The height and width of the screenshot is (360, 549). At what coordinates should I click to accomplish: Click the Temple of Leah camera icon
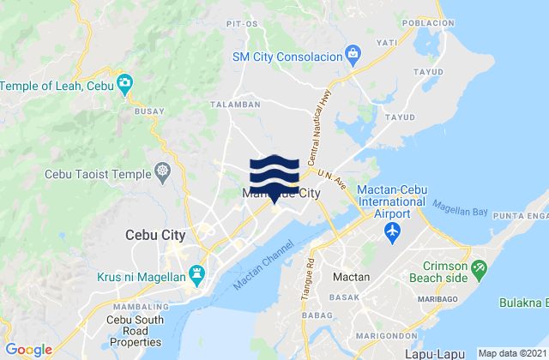coord(125,83)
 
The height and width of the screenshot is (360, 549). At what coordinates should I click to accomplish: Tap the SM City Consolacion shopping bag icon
coord(353,56)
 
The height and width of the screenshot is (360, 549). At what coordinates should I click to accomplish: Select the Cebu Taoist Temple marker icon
coord(164,171)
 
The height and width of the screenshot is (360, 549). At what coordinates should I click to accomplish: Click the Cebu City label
coord(150,234)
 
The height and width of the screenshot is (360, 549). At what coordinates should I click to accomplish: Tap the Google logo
coord(28,349)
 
